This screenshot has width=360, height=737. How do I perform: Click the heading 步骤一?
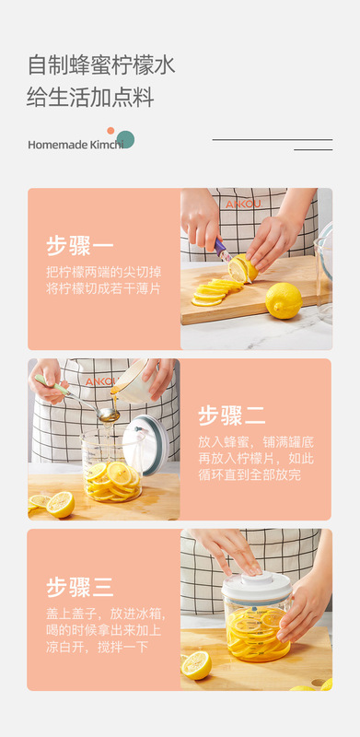80,246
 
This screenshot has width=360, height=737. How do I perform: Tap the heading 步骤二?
232,416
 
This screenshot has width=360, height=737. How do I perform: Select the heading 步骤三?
80,587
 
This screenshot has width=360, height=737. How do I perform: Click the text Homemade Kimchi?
75,145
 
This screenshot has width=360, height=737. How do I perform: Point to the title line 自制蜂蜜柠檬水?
101,64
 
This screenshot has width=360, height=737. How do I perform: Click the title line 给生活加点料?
91,98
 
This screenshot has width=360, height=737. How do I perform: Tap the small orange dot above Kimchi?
110,131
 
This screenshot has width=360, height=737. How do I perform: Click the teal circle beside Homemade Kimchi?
125,140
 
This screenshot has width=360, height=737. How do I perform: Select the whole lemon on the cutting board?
284,301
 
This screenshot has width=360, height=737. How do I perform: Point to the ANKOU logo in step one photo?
243,204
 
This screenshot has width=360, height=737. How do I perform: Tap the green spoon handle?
51,384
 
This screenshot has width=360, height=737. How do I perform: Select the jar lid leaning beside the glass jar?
146,444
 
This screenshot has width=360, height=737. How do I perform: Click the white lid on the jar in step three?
257,587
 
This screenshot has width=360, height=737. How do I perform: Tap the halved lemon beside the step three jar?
196,665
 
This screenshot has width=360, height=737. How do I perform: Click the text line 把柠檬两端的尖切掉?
103,272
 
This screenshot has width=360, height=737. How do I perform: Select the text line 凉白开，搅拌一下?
98,647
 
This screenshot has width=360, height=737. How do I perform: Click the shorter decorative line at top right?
313,150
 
